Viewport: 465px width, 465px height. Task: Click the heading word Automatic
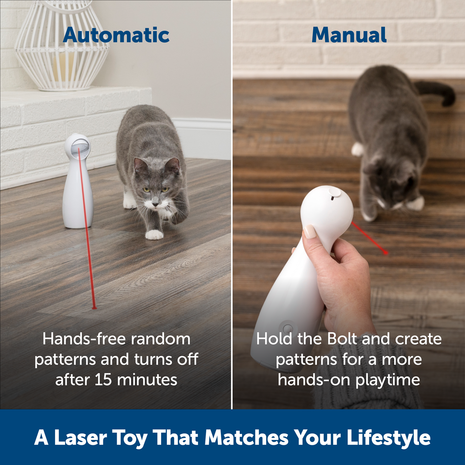(116, 35)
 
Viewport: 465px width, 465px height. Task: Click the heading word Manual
(349, 35)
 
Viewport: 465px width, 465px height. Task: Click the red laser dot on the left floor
(93, 307)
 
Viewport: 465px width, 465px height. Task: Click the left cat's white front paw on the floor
(154, 234)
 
